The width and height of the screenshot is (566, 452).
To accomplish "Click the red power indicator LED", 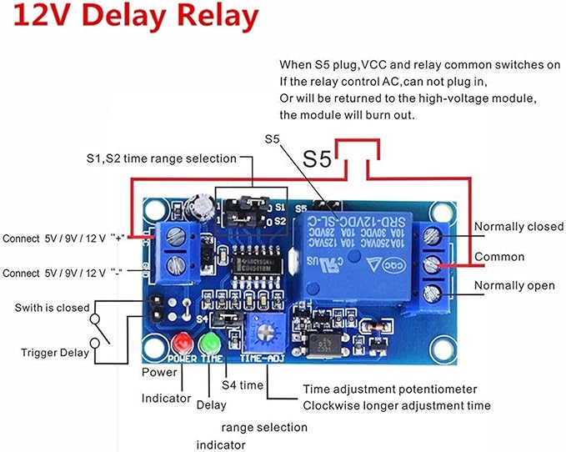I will click(x=182, y=343).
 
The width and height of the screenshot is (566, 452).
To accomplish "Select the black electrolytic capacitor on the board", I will click(x=199, y=205).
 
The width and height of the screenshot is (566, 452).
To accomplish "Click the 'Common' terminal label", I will click(x=499, y=257).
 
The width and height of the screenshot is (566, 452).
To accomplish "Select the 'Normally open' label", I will click(x=513, y=286).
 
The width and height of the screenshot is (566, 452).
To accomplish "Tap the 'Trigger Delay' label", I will click(x=55, y=353).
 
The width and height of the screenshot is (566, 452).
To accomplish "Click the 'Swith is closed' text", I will click(x=52, y=308).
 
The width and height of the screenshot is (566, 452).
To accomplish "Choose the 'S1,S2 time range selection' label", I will click(x=161, y=158).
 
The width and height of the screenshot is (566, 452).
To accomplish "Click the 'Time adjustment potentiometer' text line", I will click(x=389, y=389).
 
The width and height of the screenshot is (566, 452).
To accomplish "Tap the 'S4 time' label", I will click(x=242, y=385).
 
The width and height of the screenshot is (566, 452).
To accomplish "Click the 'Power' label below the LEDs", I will click(x=159, y=372).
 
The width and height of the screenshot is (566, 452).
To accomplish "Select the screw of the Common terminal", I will click(x=433, y=264).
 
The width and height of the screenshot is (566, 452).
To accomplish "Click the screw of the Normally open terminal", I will click(x=433, y=293).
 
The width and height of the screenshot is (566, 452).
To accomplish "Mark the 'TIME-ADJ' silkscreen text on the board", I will click(x=263, y=359).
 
